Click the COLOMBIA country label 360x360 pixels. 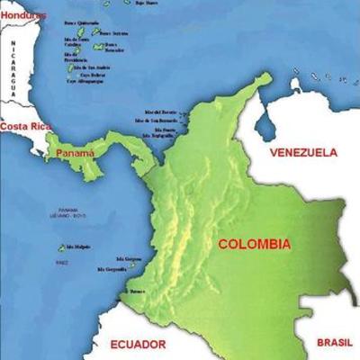[x=254, y=244]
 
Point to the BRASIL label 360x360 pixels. [x=336, y=342]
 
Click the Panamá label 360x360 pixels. [x=75, y=154]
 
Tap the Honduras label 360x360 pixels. [x=22, y=15]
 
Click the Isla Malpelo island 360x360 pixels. [x=62, y=247]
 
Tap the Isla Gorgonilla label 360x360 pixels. [x=112, y=269]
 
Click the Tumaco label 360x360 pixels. [x=137, y=292]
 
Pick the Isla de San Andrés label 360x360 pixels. [x=91, y=66]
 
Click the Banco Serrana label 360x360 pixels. [x=112, y=33]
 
